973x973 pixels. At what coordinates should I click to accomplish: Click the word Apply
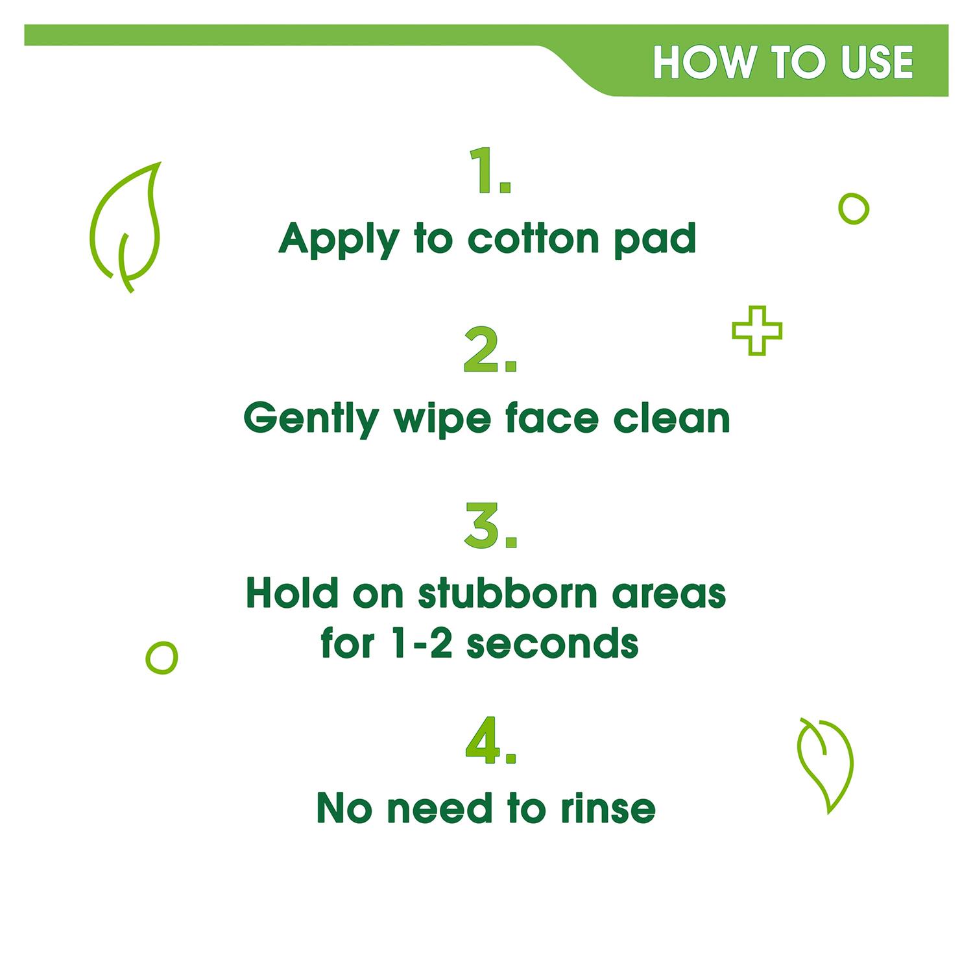pos(339,241)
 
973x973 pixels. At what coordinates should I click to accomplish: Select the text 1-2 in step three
pos(418,643)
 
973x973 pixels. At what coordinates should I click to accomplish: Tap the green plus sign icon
pos(757,330)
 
